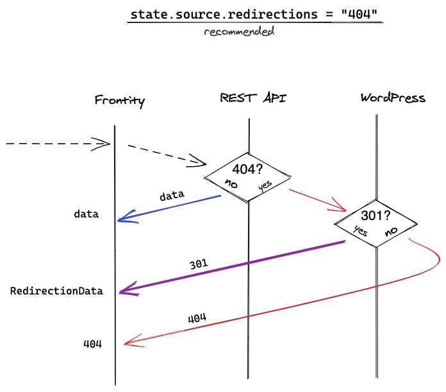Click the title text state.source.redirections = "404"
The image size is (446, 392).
[254, 14]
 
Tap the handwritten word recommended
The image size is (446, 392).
[239, 31]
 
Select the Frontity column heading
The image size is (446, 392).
[120, 101]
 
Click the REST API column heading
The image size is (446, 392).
[253, 98]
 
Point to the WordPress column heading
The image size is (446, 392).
[393, 98]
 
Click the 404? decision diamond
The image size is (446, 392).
[247, 177]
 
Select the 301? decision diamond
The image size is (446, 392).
[376, 223]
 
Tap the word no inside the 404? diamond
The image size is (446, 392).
[231, 183]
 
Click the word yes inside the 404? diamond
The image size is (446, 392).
[265, 185]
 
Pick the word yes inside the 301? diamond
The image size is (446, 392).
[361, 231]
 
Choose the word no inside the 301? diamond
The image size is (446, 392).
[391, 231]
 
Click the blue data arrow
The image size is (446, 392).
[169, 208]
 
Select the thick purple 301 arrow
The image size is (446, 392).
[232, 267]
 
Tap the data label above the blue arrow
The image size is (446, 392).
[172, 196]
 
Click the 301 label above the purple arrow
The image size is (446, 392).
[199, 264]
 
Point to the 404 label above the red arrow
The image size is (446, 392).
[197, 318]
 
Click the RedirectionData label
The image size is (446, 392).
[56, 291]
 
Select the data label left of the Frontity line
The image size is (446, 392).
[86, 214]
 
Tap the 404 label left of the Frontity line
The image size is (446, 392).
[92, 344]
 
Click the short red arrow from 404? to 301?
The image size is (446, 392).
[318, 200]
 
